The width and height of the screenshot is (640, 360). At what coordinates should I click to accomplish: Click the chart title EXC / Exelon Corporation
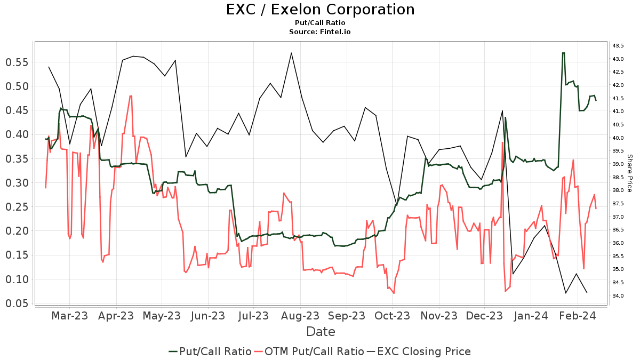click(320, 10)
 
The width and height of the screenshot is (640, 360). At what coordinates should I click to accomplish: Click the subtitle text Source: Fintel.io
click(320, 32)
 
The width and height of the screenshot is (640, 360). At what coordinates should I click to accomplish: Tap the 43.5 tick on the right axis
click(619, 45)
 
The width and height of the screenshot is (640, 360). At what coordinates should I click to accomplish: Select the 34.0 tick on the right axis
click(619, 296)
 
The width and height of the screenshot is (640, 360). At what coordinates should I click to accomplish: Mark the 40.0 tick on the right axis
click(619, 138)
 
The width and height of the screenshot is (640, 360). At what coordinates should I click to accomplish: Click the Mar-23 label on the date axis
click(69, 316)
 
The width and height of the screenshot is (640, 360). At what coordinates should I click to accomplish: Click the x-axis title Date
click(321, 332)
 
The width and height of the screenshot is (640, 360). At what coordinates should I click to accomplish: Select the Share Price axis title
click(629, 173)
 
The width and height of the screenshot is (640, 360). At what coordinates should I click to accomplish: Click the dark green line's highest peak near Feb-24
click(563, 53)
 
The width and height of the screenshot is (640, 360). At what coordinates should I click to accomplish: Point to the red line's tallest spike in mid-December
click(502, 142)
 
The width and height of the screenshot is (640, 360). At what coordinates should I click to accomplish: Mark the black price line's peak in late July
click(291, 53)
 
